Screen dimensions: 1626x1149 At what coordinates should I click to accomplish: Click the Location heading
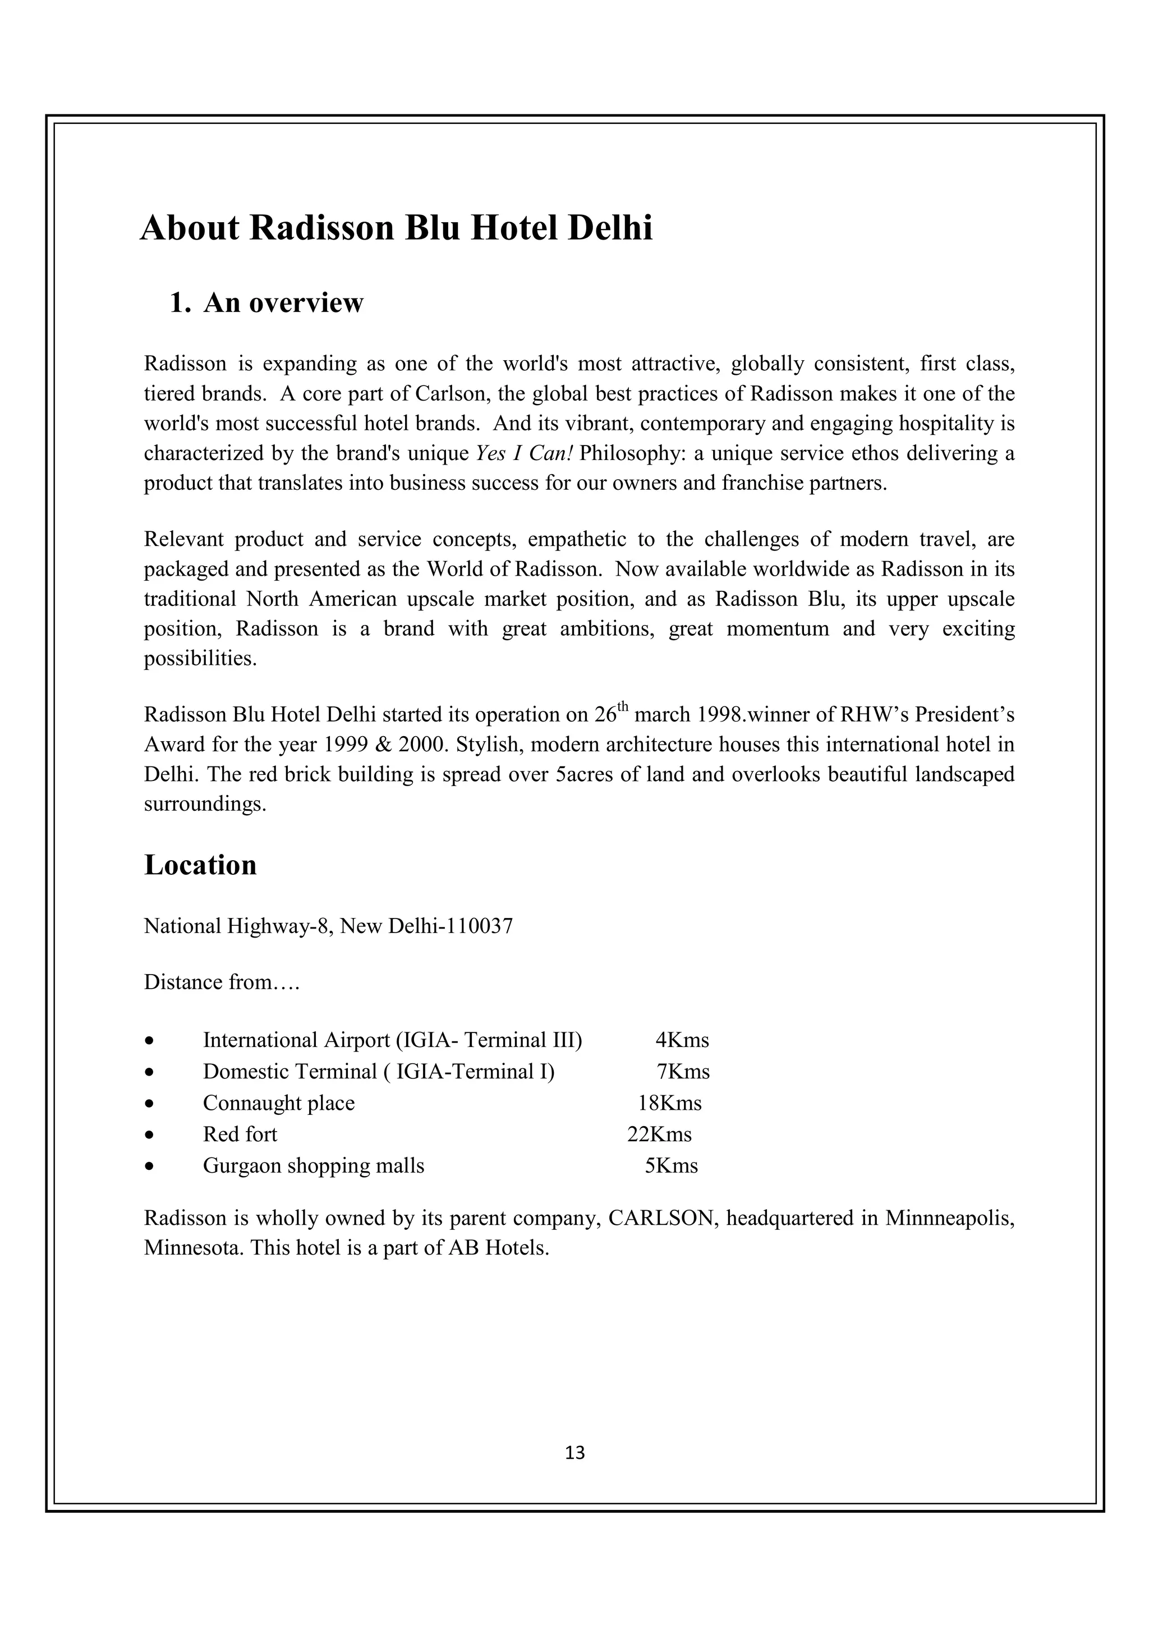click(200, 865)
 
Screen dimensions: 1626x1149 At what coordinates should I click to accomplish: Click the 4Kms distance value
click(682, 1040)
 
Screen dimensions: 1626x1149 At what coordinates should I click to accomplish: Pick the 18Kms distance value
click(670, 1103)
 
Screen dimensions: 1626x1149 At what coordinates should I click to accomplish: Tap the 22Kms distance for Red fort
click(659, 1134)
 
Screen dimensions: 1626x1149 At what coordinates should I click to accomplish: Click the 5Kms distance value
click(670, 1166)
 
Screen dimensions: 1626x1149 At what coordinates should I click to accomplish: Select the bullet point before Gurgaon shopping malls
click(149, 1167)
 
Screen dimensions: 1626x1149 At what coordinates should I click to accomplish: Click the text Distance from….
click(222, 982)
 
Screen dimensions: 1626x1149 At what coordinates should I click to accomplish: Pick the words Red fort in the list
click(240, 1134)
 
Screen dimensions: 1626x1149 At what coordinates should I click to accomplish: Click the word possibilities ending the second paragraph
click(200, 659)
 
